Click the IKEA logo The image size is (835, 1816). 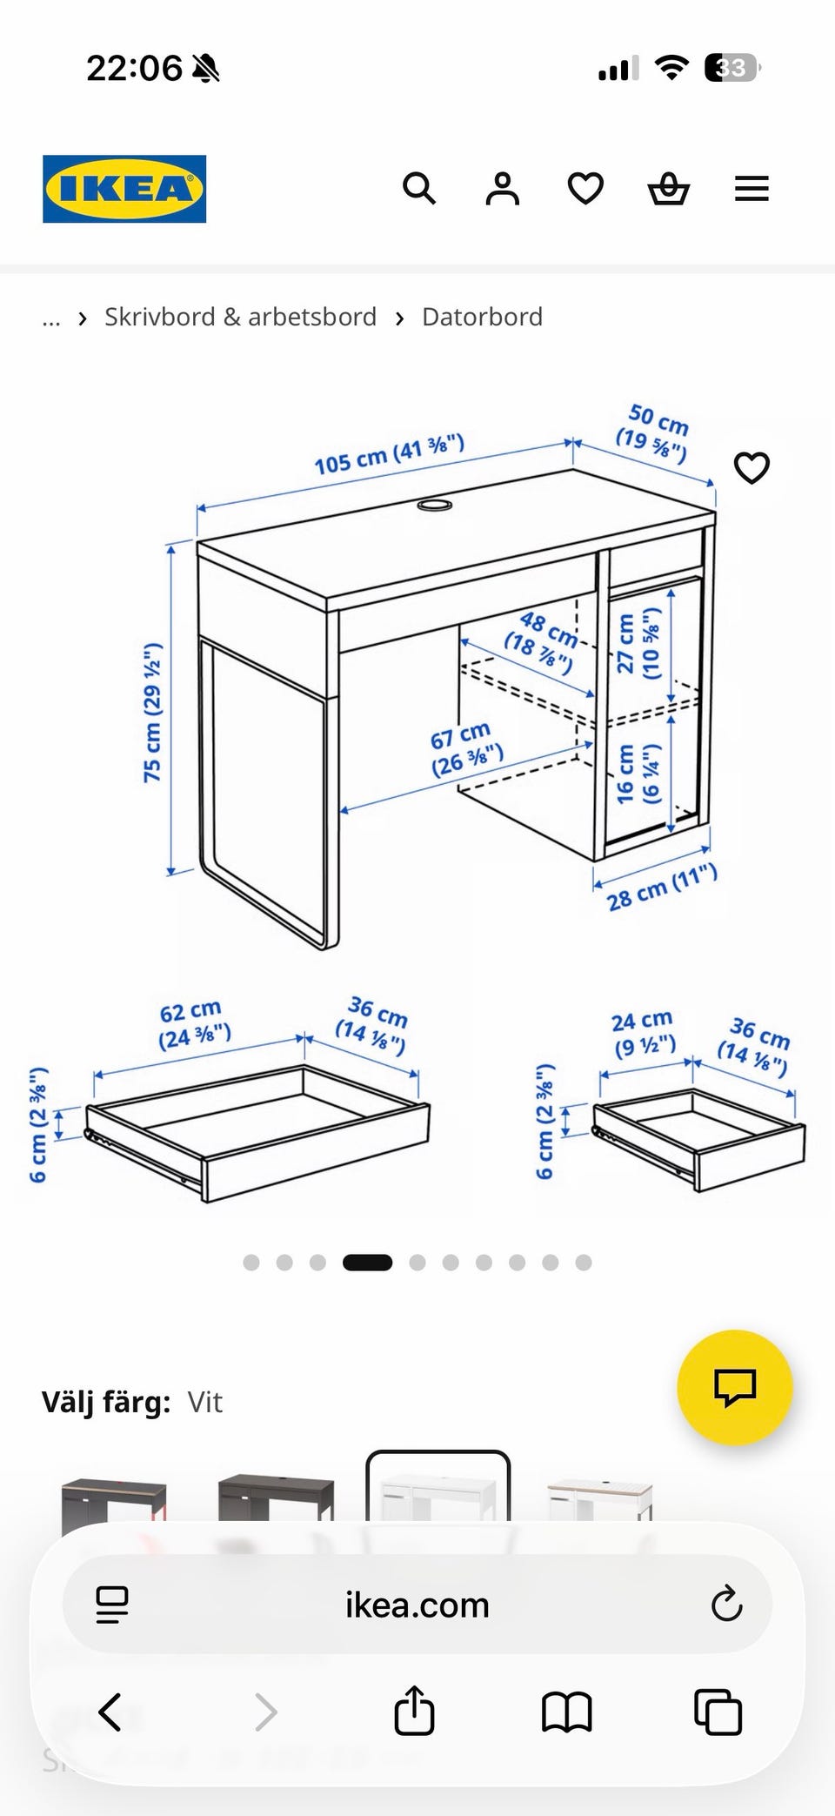tap(124, 189)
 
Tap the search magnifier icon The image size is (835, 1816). tap(418, 188)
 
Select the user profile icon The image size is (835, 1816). tap(502, 188)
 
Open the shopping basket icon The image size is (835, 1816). tap(669, 188)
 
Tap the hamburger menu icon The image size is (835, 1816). tap(751, 189)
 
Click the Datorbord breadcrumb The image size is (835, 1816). tap(482, 317)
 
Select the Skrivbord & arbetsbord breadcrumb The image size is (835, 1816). tap(240, 317)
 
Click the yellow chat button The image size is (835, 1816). tap(735, 1387)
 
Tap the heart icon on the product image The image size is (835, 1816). tap(751, 468)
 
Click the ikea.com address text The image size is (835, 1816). tap(417, 1605)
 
